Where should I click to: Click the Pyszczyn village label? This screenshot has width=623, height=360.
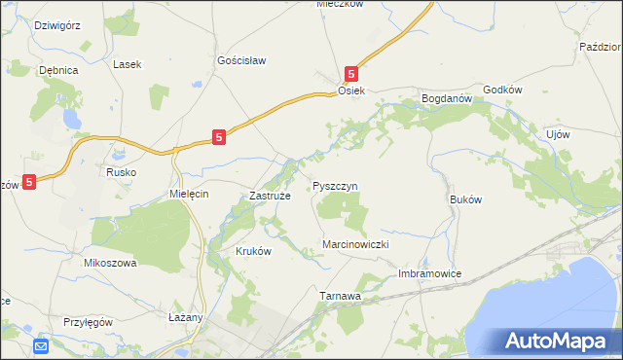click(x=336, y=185)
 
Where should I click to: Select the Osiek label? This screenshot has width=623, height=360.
click(x=350, y=90)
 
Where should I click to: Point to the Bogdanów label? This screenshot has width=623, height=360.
click(x=446, y=98)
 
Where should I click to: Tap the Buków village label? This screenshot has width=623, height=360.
click(x=466, y=198)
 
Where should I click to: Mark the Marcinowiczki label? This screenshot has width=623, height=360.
click(x=355, y=245)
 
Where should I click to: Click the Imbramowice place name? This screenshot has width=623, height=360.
click(x=429, y=274)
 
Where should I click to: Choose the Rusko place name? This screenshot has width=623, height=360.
click(x=121, y=172)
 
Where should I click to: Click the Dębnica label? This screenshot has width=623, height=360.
click(x=57, y=70)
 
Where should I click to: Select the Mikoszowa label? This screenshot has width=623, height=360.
click(x=110, y=263)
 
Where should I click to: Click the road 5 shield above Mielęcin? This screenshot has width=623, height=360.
click(x=221, y=138)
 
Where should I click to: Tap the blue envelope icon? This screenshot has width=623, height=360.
click(x=41, y=345)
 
